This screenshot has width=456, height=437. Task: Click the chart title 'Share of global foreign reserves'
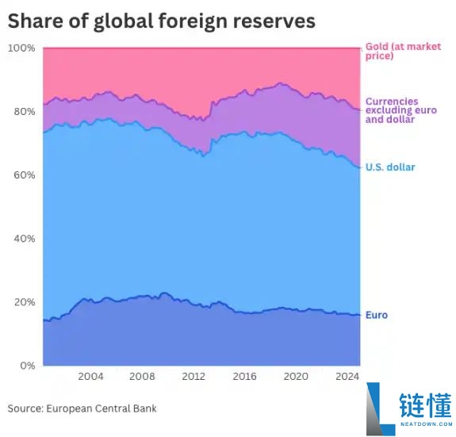161,21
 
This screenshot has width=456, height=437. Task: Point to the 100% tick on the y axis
21,48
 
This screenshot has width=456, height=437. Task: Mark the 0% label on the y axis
26,366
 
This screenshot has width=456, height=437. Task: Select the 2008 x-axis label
142,377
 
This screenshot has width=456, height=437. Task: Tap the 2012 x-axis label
194,377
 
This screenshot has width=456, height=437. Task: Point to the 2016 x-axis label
244,377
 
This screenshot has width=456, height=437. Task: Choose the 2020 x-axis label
296,377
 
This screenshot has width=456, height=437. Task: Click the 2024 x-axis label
346,377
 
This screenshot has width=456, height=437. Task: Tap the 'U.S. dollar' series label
390,167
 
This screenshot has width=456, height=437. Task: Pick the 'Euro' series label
377,315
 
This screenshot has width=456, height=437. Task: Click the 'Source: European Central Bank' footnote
82,408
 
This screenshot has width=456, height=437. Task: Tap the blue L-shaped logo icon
380,409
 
